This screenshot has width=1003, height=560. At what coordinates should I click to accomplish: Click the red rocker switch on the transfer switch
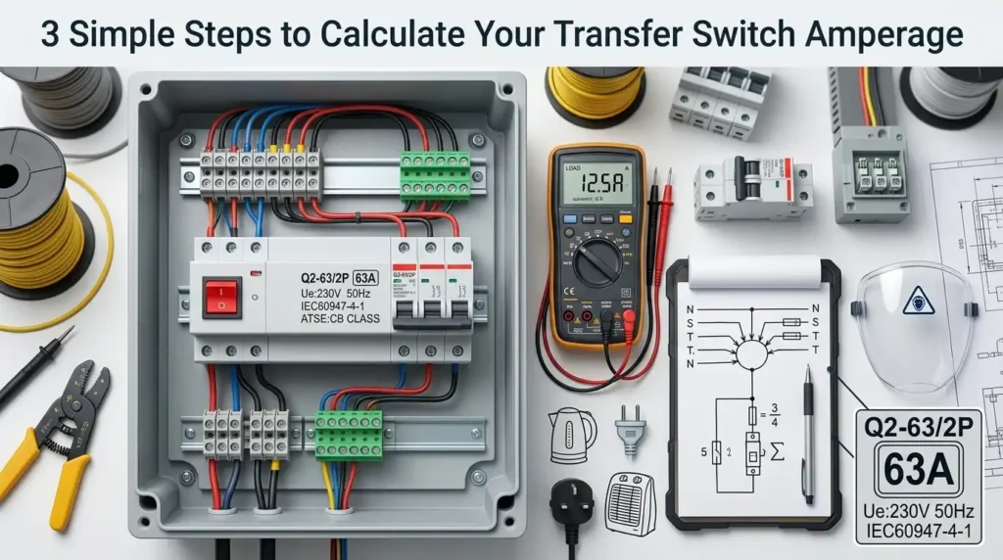(221, 297)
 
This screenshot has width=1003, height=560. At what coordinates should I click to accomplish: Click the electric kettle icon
(571, 435)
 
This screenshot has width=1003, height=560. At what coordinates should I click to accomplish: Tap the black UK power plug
(571, 509)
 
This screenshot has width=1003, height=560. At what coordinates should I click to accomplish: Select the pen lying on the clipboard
(808, 431)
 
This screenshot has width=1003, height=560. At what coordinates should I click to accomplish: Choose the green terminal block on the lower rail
(348, 434)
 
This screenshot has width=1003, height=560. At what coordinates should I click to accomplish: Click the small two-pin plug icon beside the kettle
(626, 431)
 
